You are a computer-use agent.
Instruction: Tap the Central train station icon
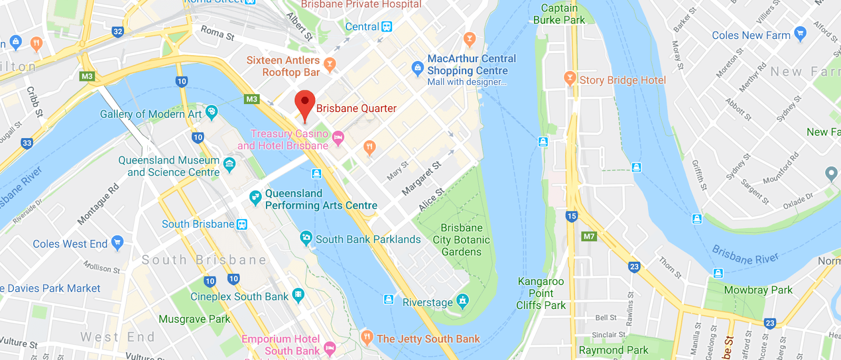coord(387,27)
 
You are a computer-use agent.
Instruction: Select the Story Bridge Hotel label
coord(622,80)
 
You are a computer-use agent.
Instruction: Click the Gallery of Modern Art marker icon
coord(211,111)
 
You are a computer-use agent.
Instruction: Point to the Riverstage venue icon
coord(463,301)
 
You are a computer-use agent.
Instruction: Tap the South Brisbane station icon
coord(242,224)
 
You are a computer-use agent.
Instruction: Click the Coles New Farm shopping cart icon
coord(800,34)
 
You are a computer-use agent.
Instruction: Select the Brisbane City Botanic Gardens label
coord(461,240)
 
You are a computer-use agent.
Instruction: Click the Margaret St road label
coord(422,179)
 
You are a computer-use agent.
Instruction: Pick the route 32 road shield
coord(118,32)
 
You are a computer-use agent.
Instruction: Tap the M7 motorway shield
coord(589,236)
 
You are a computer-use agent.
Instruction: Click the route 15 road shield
coord(572,216)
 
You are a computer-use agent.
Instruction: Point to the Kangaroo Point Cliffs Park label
coord(541,293)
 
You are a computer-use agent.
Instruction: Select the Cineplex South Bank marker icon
coord(298,294)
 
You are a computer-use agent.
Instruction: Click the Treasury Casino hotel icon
coord(338,138)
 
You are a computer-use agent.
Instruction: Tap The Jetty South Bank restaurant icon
coord(367,336)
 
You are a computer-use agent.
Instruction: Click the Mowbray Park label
coord(758,290)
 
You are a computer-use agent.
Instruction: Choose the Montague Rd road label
coord(98,205)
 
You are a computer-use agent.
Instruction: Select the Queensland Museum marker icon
coord(229,164)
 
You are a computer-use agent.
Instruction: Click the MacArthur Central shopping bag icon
coord(417,68)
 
